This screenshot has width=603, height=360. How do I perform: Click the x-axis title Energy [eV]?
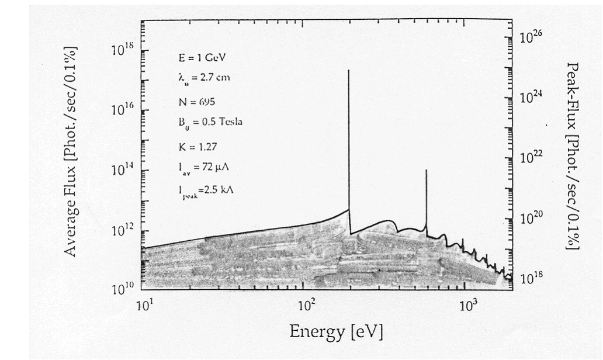(x=336, y=332)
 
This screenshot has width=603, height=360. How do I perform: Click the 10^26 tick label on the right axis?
(x=531, y=37)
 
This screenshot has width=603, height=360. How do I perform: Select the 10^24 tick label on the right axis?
(x=531, y=97)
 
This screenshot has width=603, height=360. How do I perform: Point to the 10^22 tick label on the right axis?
(x=531, y=157)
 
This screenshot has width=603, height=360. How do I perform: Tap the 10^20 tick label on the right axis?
(x=531, y=218)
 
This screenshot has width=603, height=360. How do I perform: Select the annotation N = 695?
(x=197, y=102)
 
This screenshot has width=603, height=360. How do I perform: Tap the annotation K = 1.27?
(x=197, y=146)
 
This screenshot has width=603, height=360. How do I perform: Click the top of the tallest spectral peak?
(x=349, y=70)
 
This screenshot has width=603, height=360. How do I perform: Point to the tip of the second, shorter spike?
(x=426, y=170)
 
